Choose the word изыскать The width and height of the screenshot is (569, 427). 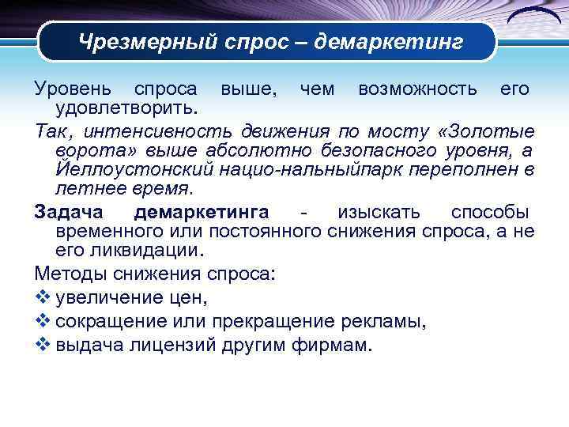tap(379, 213)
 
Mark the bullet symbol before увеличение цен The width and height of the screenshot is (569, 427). tap(43, 298)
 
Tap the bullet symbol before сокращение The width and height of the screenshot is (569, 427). tap(43, 322)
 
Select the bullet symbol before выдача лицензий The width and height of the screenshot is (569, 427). tap(43, 346)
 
